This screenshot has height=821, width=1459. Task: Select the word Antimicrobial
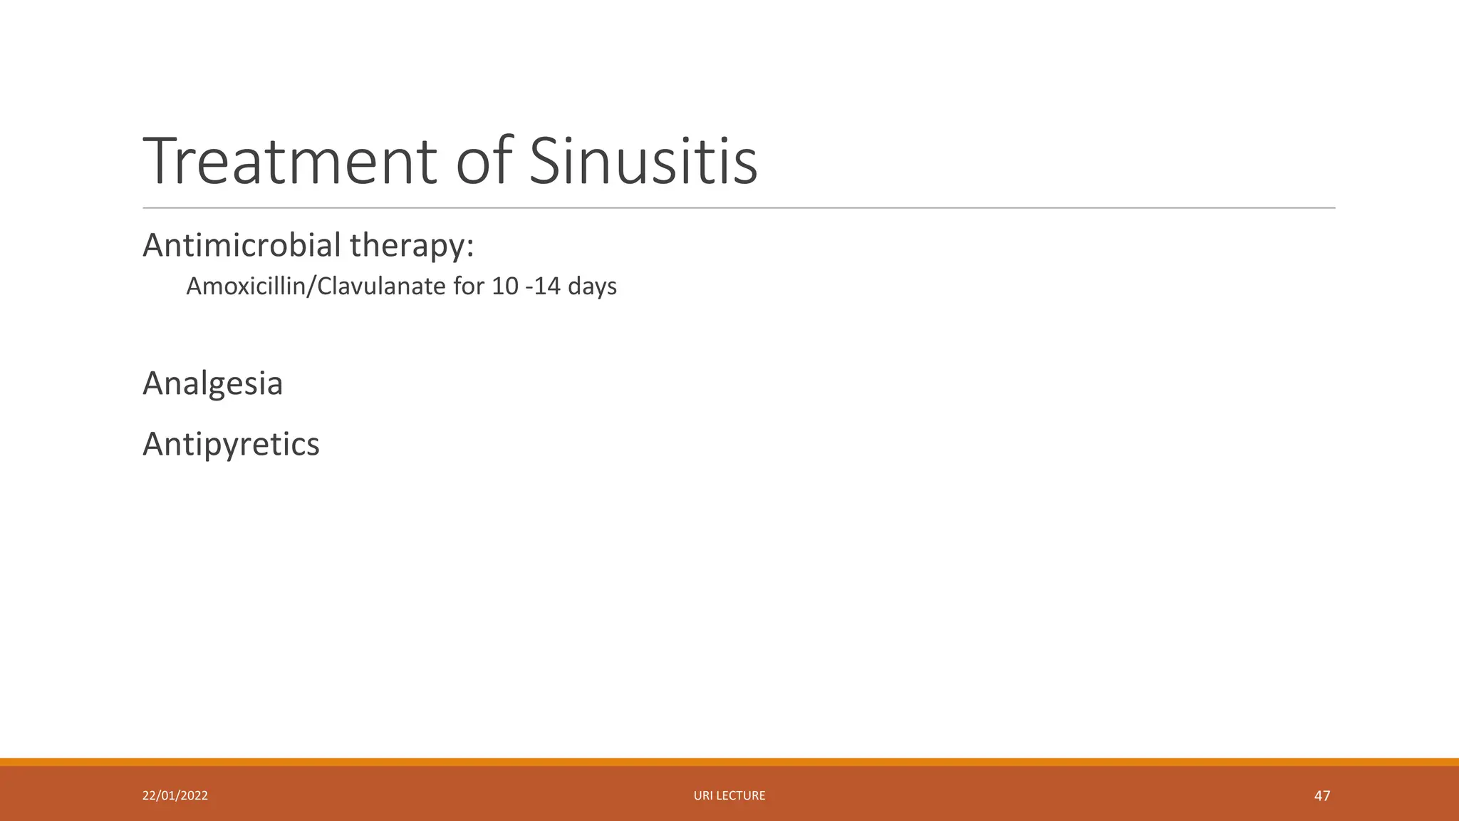pyautogui.click(x=242, y=245)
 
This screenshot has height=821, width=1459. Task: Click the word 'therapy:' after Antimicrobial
pyautogui.click(x=411, y=247)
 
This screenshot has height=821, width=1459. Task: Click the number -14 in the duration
pyautogui.click(x=542, y=286)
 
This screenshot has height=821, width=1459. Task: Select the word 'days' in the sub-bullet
pyautogui.click(x=592, y=287)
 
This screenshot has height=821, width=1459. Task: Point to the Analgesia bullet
pyautogui.click(x=212, y=384)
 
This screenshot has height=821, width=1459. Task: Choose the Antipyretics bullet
pyautogui.click(x=231, y=445)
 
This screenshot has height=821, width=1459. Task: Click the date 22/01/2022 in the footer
pyautogui.click(x=175, y=795)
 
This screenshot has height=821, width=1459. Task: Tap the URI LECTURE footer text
pyautogui.click(x=729, y=795)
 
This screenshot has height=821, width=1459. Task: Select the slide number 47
pyautogui.click(x=1322, y=795)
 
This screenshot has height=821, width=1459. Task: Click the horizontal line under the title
pyautogui.click(x=739, y=208)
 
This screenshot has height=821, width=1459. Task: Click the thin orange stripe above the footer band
pyautogui.click(x=729, y=762)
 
